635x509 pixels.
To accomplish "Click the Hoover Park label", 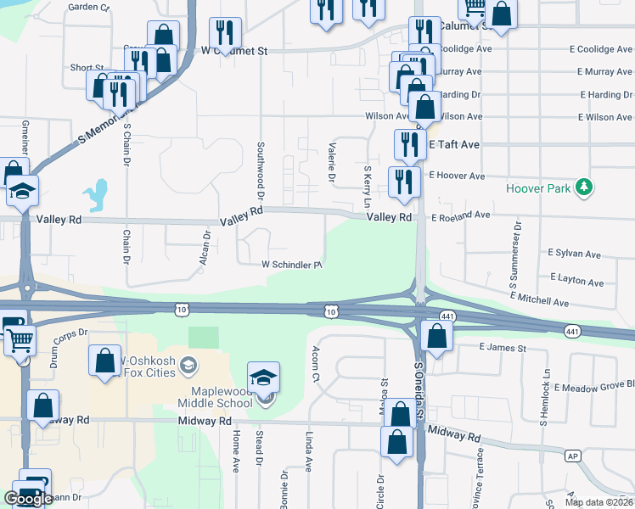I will click(x=538, y=188).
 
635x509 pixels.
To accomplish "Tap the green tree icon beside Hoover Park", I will click(x=583, y=187).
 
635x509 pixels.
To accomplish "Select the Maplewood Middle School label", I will click(x=215, y=396).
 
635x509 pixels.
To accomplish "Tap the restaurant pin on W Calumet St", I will click(x=225, y=34).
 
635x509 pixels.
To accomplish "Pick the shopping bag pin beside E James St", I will click(x=436, y=337).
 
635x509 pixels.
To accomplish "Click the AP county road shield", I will click(x=573, y=456).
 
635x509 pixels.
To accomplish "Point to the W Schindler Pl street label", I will click(x=291, y=265).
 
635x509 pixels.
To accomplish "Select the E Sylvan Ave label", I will click(x=574, y=254).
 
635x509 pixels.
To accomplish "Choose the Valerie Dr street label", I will click(x=331, y=162).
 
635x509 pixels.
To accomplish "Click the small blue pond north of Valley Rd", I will click(x=98, y=195).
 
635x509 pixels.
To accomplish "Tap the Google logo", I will click(x=28, y=498).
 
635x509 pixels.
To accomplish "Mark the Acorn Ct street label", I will click(x=315, y=364).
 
